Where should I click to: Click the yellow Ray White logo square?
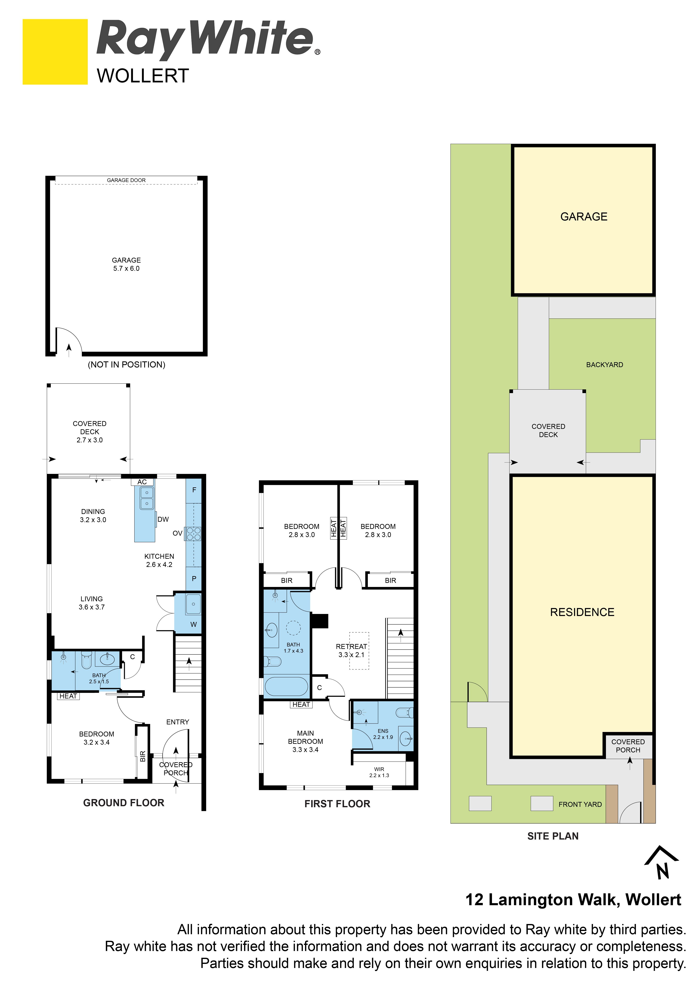(55, 52)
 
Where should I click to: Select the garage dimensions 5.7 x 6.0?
(126, 268)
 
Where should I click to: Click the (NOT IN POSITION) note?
(126, 364)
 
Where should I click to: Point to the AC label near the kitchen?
(142, 482)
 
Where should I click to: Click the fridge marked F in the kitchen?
(194, 490)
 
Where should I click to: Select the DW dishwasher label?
(163, 519)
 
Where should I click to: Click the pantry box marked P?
(194, 579)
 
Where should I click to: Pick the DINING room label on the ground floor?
(93, 511)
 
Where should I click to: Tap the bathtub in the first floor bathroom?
(286, 687)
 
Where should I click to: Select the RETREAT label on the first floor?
(351, 646)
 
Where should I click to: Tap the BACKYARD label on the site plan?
(604, 364)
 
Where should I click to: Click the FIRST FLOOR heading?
(337, 804)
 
